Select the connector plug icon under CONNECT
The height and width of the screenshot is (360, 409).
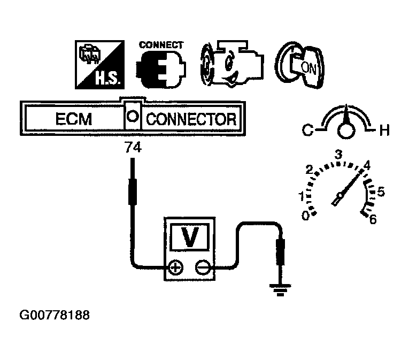(x=159, y=70)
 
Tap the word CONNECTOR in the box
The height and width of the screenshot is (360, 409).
(x=191, y=118)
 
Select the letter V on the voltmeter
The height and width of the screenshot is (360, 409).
(x=189, y=236)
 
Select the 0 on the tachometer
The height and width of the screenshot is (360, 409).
(x=305, y=215)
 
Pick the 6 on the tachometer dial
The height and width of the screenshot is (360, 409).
(x=373, y=219)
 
